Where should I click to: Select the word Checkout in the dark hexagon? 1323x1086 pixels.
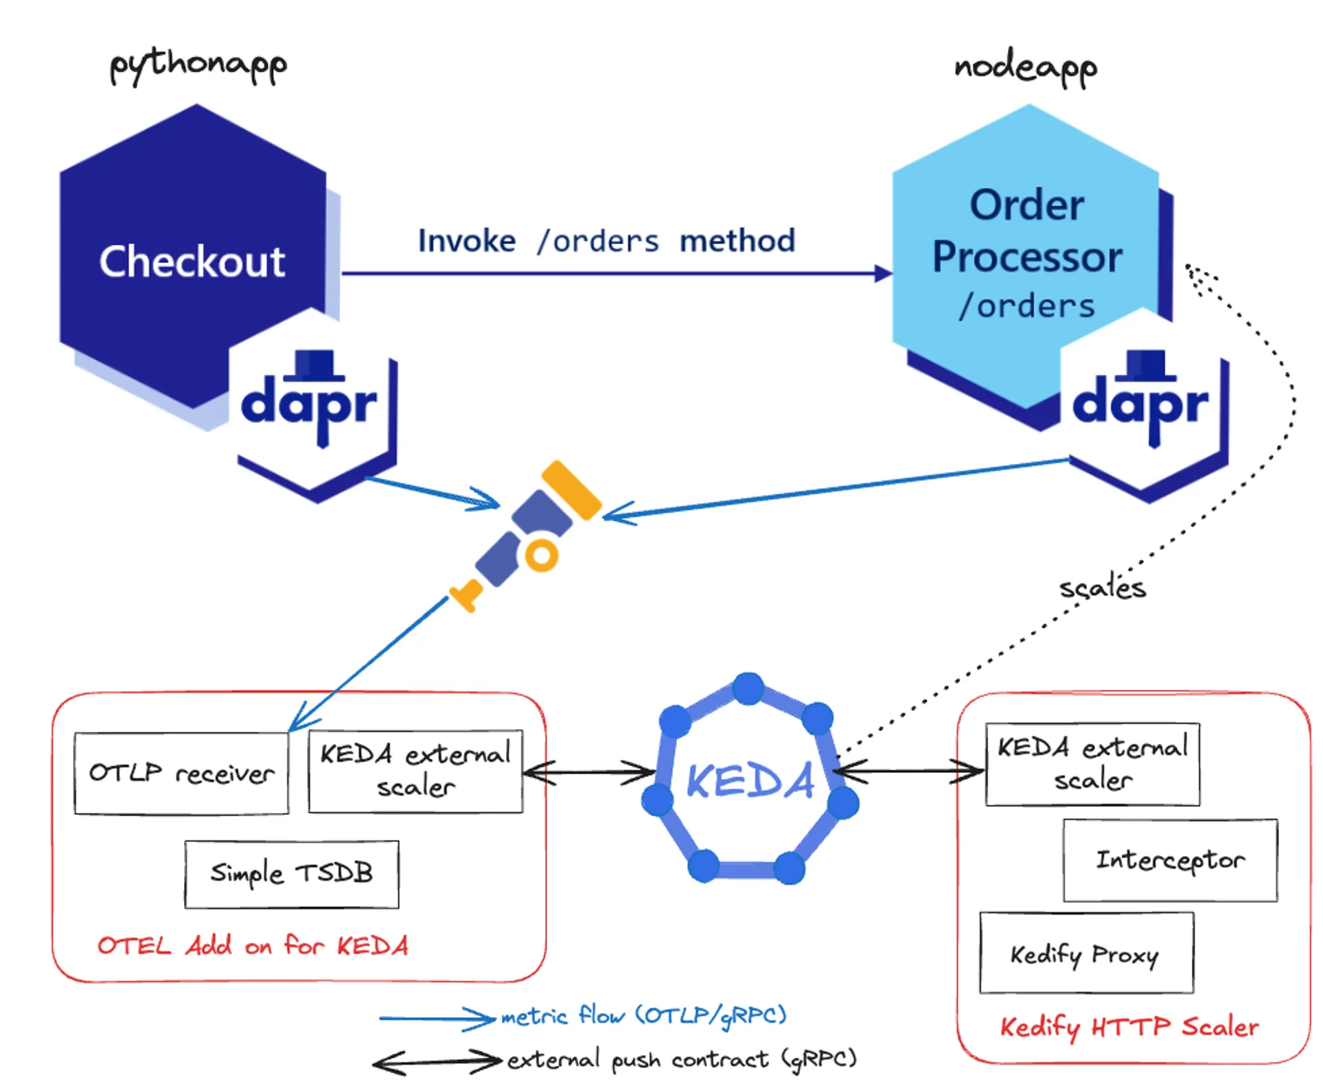192,262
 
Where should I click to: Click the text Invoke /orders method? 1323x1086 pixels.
606,241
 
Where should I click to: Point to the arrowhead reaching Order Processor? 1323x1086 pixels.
883,274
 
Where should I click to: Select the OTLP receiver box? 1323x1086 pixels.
181,773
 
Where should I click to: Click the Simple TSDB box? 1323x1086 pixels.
291,874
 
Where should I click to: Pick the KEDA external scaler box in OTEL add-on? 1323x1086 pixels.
415,771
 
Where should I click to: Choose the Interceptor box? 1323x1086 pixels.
1170,859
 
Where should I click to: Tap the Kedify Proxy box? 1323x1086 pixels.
1085,953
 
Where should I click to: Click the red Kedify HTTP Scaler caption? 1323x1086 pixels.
1129,1028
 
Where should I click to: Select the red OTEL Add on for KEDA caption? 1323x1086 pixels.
253,946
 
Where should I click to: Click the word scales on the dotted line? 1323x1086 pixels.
1102,588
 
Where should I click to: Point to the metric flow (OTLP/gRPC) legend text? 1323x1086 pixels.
643,1015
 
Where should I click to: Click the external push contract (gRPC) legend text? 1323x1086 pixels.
682,1059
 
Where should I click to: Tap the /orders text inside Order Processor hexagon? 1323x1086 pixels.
1027,306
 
